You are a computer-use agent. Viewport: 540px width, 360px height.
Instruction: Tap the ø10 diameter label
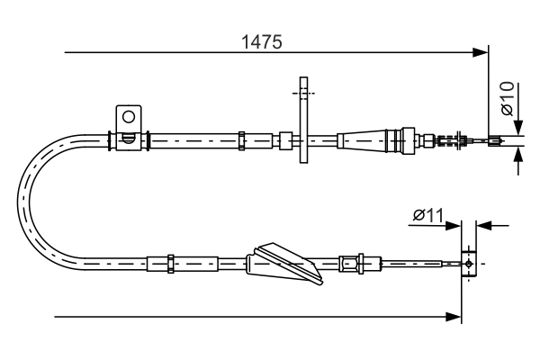507,98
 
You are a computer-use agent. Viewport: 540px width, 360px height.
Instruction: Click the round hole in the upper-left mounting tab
129,116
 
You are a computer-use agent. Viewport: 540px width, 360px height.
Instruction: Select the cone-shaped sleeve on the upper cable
360,139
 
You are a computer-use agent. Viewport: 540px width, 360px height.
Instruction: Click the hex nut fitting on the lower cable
348,264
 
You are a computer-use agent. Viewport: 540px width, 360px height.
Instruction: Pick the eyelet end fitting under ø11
467,264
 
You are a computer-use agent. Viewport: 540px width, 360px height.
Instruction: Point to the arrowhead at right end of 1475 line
481,52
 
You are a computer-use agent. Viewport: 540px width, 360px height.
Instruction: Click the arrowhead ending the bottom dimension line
455,317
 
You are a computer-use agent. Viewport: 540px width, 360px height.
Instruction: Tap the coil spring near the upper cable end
446,139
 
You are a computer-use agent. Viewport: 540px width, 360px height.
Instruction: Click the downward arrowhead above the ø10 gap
519,129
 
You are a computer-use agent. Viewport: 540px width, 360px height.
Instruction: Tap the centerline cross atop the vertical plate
304,92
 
